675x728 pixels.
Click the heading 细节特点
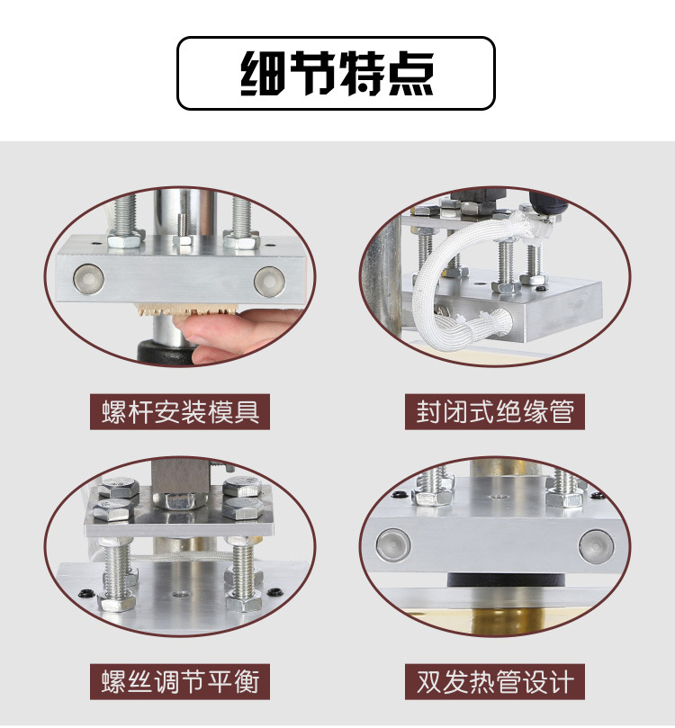337,73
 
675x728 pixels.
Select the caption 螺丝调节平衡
180,680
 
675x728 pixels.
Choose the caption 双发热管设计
494,680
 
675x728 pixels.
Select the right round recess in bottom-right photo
595,544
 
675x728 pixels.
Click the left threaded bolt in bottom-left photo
117,567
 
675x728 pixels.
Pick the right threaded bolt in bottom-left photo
241,567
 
